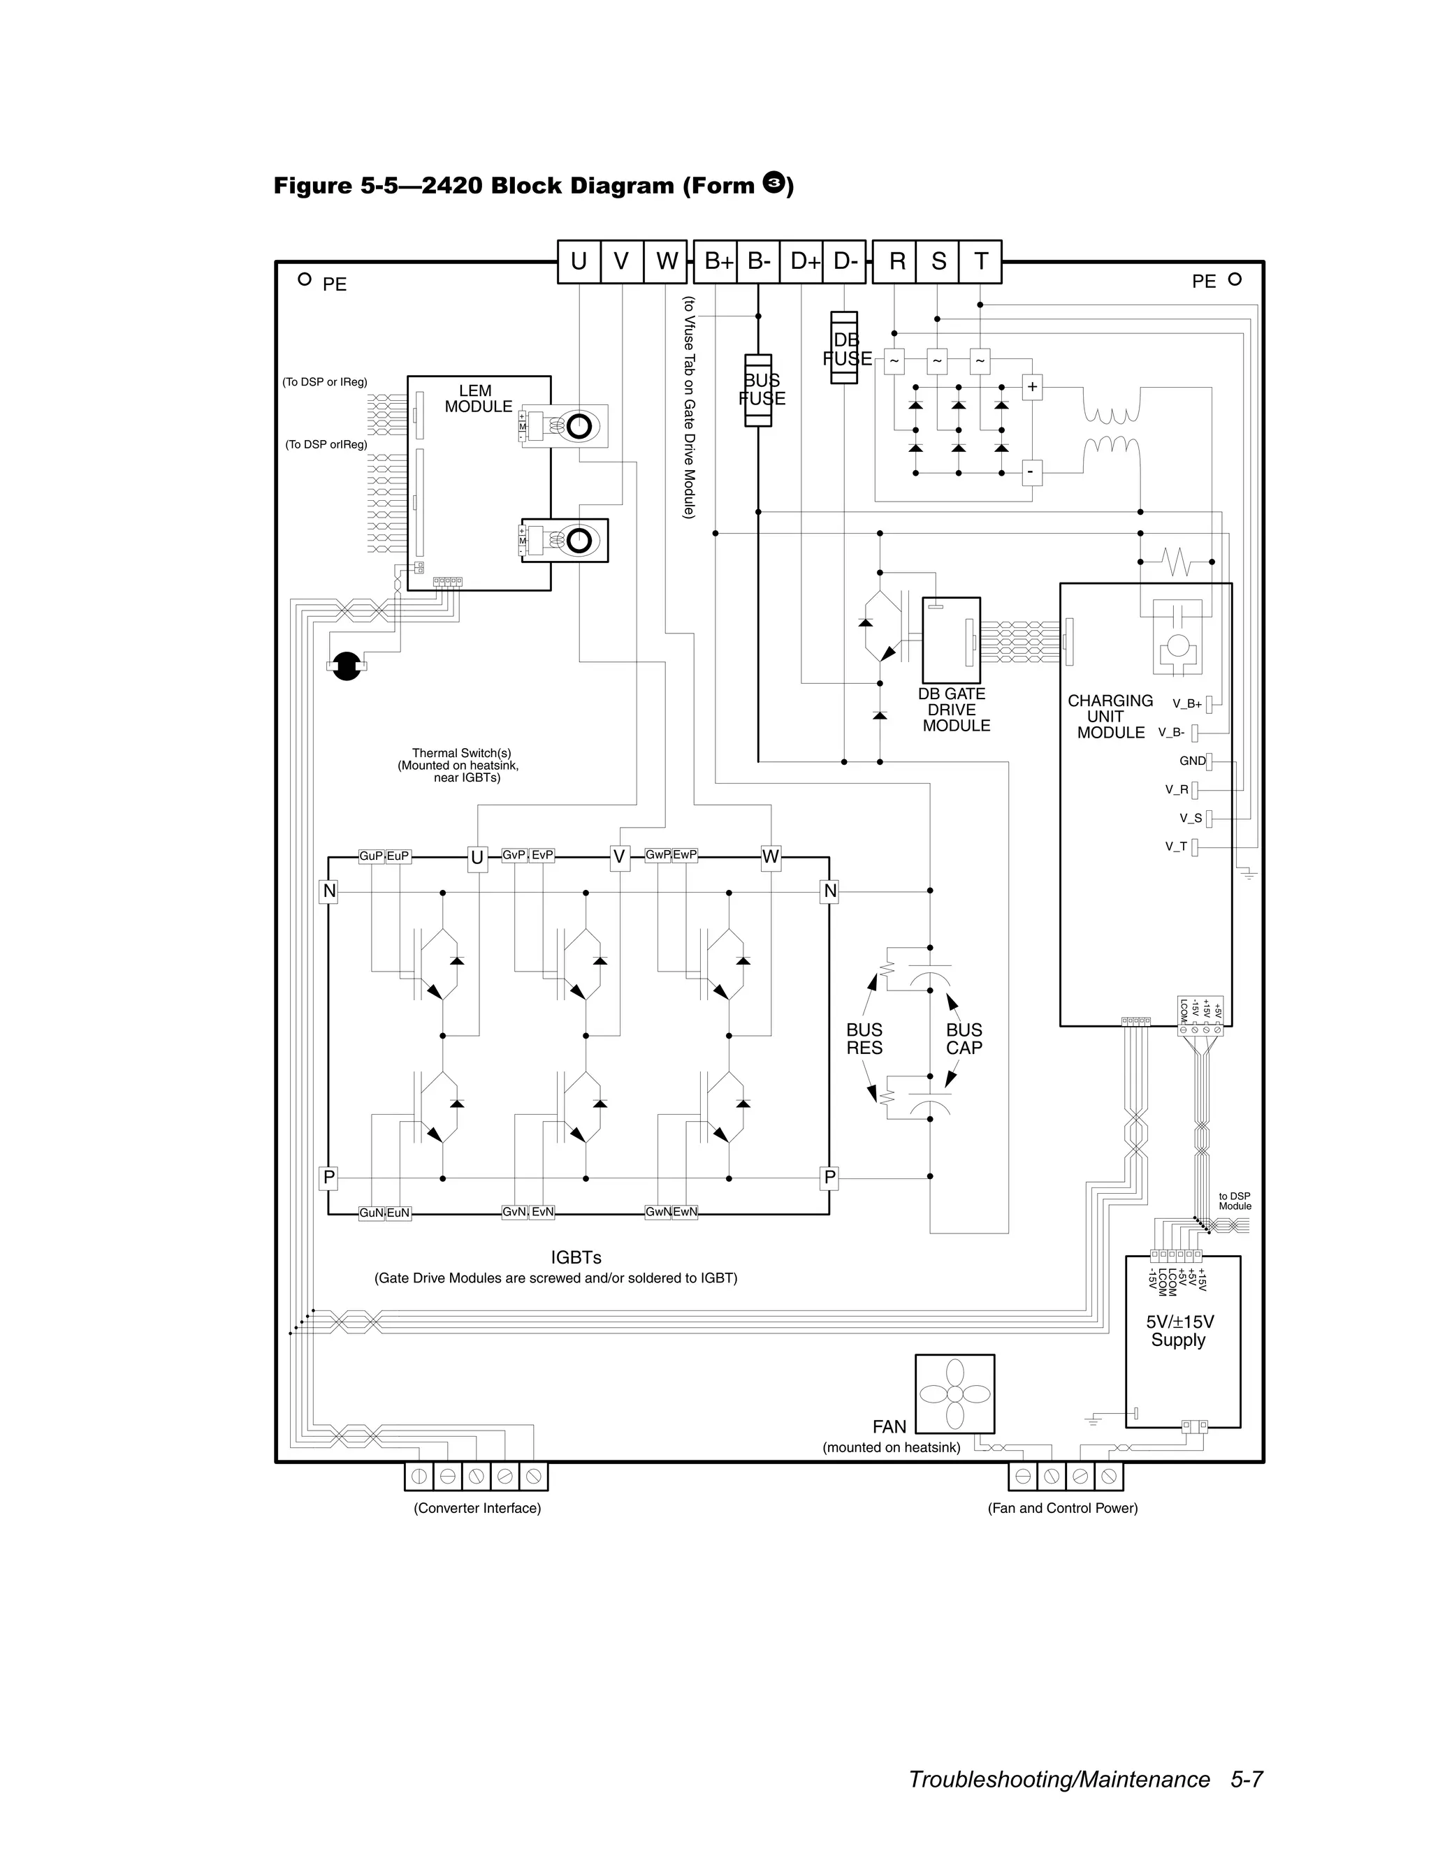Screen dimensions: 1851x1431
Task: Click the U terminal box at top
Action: pos(579,261)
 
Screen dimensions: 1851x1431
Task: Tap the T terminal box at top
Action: pos(981,261)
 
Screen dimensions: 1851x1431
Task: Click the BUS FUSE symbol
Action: pos(758,390)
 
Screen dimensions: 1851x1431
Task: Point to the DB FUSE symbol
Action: pos(844,349)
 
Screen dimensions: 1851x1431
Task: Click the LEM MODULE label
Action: pos(477,398)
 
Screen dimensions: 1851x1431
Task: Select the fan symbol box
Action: pos(954,1393)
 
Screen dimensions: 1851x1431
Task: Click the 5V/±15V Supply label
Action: pos(1179,1331)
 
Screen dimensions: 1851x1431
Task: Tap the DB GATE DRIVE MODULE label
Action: pos(954,710)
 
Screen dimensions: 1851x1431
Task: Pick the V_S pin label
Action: pos(1190,818)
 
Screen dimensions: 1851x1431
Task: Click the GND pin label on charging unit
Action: pos(1192,761)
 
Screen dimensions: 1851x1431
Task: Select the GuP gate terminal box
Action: pos(371,856)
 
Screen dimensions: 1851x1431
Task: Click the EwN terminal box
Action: pos(685,1212)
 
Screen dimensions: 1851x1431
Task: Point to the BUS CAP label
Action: pos(964,1038)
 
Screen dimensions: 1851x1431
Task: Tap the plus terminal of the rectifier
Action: pos(1032,388)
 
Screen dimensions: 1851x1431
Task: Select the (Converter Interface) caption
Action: pos(477,1508)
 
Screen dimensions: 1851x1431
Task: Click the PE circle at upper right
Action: pos(1235,279)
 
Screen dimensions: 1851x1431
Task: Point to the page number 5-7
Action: pos(1247,1778)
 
